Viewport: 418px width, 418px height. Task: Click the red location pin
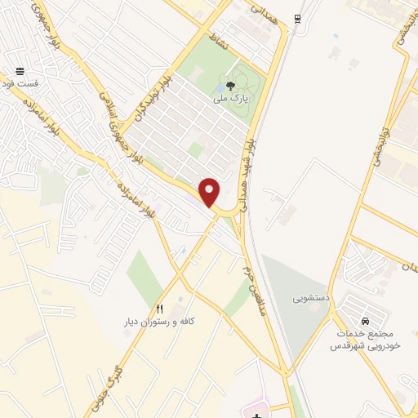click(x=210, y=191)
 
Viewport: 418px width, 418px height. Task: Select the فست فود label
click(x=17, y=83)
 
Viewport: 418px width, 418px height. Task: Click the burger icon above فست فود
click(x=19, y=71)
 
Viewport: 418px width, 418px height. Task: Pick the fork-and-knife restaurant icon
click(x=160, y=309)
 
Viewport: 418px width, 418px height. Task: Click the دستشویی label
click(x=310, y=298)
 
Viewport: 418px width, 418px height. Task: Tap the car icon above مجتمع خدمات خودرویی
click(x=363, y=321)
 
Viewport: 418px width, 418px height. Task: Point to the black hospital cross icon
click(x=256, y=415)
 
